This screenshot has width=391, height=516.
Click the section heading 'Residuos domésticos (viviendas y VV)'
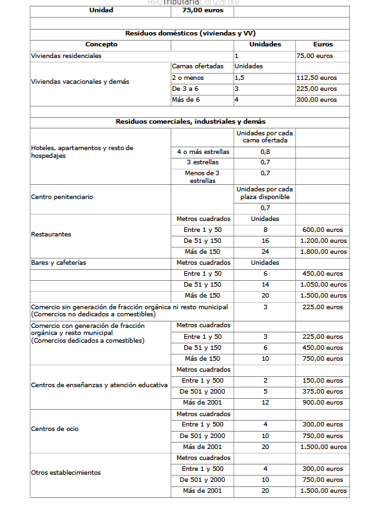tap(190, 32)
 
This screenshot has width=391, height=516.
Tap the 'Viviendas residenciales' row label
tap(66, 56)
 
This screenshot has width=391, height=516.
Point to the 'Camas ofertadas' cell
tap(198, 66)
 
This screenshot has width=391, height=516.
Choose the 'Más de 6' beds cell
tap(186, 100)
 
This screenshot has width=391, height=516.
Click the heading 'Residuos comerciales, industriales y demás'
tap(190, 121)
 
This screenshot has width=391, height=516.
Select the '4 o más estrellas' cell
tap(203, 152)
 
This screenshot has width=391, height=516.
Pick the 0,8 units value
tap(265, 152)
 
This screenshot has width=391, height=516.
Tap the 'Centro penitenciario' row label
tap(62, 196)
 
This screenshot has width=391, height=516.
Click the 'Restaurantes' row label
tap(51, 234)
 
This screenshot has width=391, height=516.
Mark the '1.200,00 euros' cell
tap(323, 241)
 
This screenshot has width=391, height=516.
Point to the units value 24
tap(265, 252)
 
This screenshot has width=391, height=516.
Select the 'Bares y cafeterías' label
tap(59, 263)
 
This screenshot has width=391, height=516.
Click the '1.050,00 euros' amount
tap(323, 285)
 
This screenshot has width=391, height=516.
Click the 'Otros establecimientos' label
tap(66, 473)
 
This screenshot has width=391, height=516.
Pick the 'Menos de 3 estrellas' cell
tap(202, 177)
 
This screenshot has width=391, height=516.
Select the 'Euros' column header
tap(323, 44)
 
